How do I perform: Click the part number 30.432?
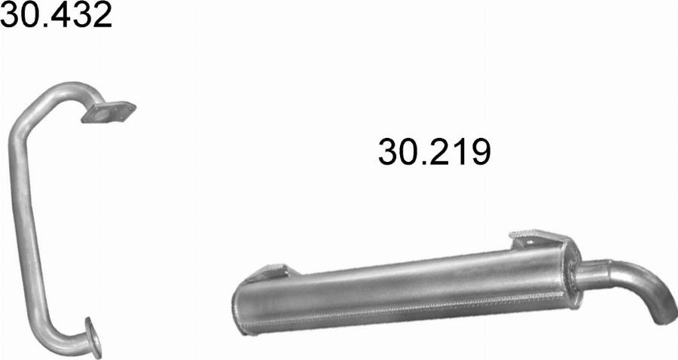tap(56, 14)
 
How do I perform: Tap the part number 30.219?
tap(434, 152)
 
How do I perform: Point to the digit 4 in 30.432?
tap(52, 14)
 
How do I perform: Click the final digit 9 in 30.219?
tap(481, 152)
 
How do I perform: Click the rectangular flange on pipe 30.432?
tap(108, 112)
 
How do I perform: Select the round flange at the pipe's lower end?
tap(93, 337)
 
